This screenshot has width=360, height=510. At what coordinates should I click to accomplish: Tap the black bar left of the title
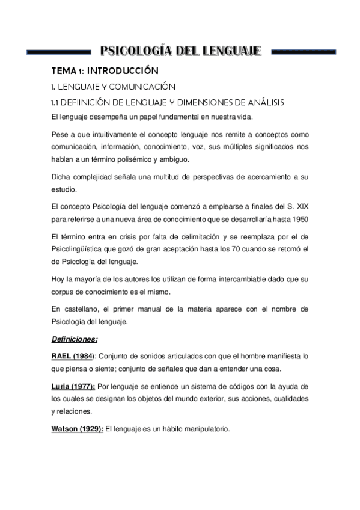[x=58, y=51]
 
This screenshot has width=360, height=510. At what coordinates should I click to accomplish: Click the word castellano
[x=88, y=309]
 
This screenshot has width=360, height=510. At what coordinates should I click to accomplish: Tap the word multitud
[x=179, y=176]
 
